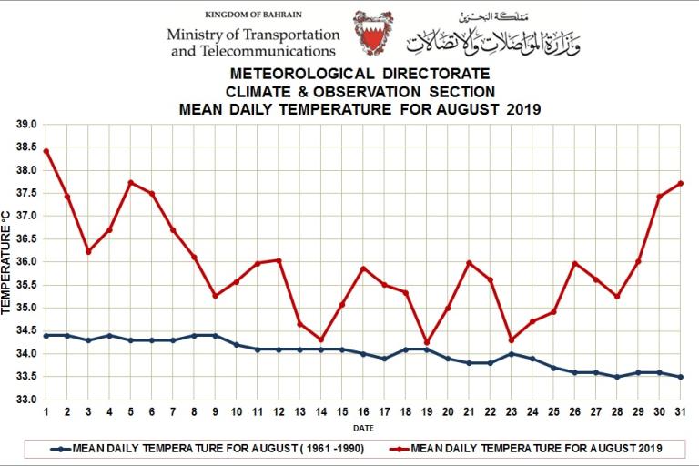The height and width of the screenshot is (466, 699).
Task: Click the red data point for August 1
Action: tap(46, 151)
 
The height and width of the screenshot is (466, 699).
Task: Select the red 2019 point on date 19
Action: tap(427, 342)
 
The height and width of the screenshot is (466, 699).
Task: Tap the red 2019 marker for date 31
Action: tap(680, 184)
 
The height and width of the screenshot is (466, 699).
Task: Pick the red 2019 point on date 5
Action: tap(131, 183)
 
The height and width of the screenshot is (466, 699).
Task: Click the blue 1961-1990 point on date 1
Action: tap(46, 335)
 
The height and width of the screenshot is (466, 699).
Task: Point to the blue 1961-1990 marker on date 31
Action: tap(680, 377)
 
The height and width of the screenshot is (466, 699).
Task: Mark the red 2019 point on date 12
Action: tap(279, 260)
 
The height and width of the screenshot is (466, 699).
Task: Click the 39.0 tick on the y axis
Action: tap(25, 125)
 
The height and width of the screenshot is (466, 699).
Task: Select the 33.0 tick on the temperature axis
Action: tap(25, 400)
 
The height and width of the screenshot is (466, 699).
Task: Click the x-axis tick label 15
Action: tap(342, 411)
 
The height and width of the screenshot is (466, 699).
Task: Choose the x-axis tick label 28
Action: tap(617, 411)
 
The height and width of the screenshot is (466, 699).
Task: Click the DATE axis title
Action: tap(362, 426)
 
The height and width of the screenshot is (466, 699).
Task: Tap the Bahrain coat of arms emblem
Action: tap(373, 35)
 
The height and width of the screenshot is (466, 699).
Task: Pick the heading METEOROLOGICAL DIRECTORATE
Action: tap(360, 73)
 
